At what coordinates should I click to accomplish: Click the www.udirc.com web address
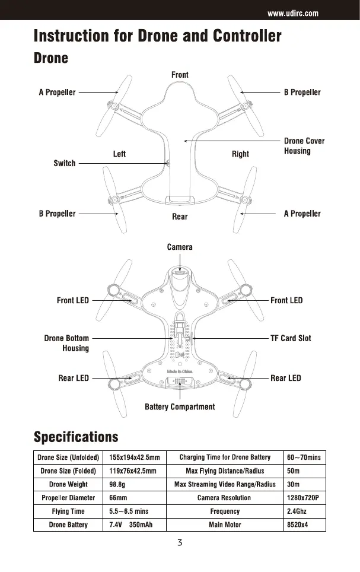coord(294,13)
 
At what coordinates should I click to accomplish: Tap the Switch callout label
coord(65,163)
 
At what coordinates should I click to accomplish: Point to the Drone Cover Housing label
coord(304,146)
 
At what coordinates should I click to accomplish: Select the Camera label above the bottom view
coord(180,247)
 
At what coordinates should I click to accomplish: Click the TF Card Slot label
coord(291,338)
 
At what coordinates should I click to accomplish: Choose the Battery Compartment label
coord(180,407)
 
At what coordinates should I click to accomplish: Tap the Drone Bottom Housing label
coord(67,343)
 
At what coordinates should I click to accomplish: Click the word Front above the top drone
coord(180,75)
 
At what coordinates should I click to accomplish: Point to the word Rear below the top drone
coord(180,217)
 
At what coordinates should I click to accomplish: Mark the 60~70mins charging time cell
coord(304,457)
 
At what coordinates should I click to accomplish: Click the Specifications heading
coord(76,438)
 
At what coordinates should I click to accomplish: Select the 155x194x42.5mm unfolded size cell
coord(135,457)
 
